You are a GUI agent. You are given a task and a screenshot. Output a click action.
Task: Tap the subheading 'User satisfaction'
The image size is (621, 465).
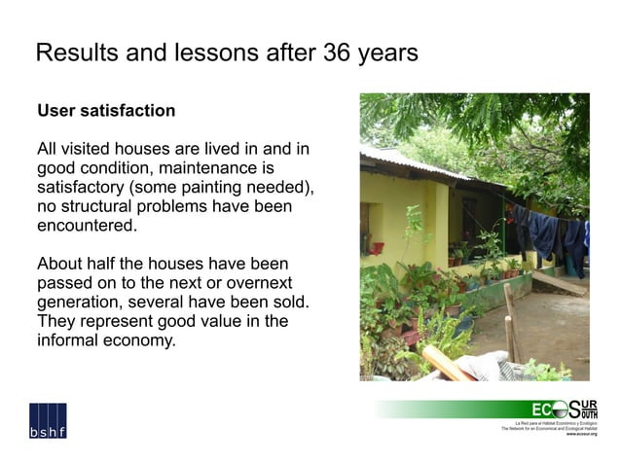[x=106, y=111]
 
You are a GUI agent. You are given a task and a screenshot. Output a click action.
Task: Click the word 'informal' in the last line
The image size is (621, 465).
[x=69, y=341]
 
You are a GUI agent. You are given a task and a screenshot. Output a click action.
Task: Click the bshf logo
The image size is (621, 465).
[x=47, y=421]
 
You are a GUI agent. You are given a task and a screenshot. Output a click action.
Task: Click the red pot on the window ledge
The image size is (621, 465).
[x=377, y=248]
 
